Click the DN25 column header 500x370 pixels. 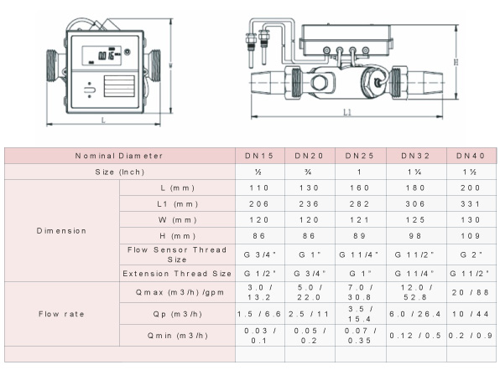pyautogui.click(x=359, y=156)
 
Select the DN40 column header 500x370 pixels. pyautogui.click(x=471, y=156)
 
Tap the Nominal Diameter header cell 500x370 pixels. pyautogui.click(x=119, y=156)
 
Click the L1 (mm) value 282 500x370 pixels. pyautogui.click(x=359, y=204)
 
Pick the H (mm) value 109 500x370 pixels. pyautogui.click(x=471, y=236)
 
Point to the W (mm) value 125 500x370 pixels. pyautogui.click(x=415, y=220)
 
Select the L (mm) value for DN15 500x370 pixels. pyautogui.click(x=259, y=188)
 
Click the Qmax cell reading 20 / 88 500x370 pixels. pyautogui.click(x=471, y=292)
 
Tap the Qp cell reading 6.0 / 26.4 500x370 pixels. pyautogui.click(x=415, y=314)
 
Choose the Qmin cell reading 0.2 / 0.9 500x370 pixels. pyautogui.click(x=471, y=336)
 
